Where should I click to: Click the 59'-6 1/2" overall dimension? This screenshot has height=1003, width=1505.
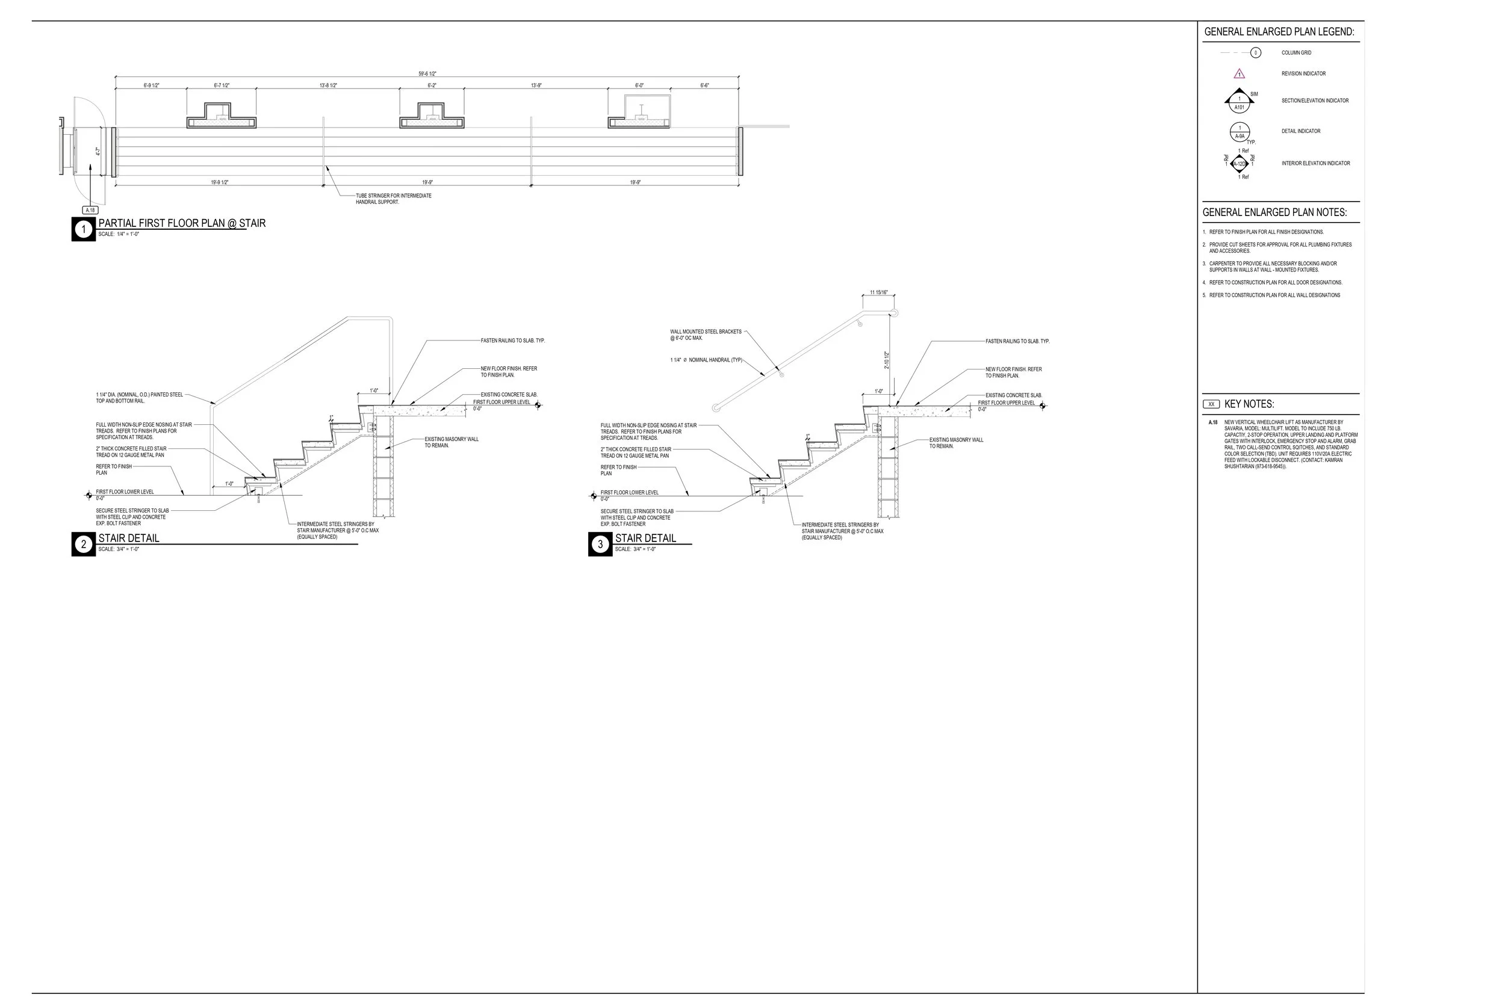pyautogui.click(x=427, y=73)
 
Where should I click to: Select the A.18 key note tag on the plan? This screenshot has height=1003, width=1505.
pyautogui.click(x=90, y=210)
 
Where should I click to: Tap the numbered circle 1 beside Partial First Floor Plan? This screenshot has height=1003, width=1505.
pyautogui.click(x=83, y=229)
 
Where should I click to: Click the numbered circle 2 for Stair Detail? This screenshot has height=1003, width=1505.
pyautogui.click(x=83, y=545)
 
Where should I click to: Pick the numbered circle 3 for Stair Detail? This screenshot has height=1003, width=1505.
pyautogui.click(x=600, y=545)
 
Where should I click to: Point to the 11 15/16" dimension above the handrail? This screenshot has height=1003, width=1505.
pyautogui.click(x=878, y=292)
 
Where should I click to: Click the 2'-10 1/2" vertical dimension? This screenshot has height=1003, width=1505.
pyautogui.click(x=887, y=360)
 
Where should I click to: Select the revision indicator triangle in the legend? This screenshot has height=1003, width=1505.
pyautogui.click(x=1240, y=73)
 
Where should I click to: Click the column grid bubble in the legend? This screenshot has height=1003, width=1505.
pyautogui.click(x=1255, y=52)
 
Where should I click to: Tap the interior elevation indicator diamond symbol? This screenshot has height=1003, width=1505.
pyautogui.click(x=1240, y=164)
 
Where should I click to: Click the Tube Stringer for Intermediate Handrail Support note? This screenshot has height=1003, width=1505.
pyautogui.click(x=394, y=199)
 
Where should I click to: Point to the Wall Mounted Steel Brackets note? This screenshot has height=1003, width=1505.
pyautogui.click(x=705, y=335)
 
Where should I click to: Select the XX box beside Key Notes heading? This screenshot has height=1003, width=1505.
pyautogui.click(x=1211, y=404)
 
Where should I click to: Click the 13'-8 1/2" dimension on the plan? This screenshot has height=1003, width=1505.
pyautogui.click(x=328, y=85)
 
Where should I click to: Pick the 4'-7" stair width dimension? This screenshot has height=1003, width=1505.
pyautogui.click(x=98, y=152)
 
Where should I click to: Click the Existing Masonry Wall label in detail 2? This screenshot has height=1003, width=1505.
pyautogui.click(x=451, y=442)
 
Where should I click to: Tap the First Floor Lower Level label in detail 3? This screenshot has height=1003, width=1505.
pyautogui.click(x=629, y=493)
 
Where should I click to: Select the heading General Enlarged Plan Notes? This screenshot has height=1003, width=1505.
pyautogui.click(x=1274, y=212)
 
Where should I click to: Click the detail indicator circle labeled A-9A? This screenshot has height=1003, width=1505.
pyautogui.click(x=1240, y=132)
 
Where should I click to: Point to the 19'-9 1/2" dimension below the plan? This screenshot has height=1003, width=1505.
pyautogui.click(x=220, y=182)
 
